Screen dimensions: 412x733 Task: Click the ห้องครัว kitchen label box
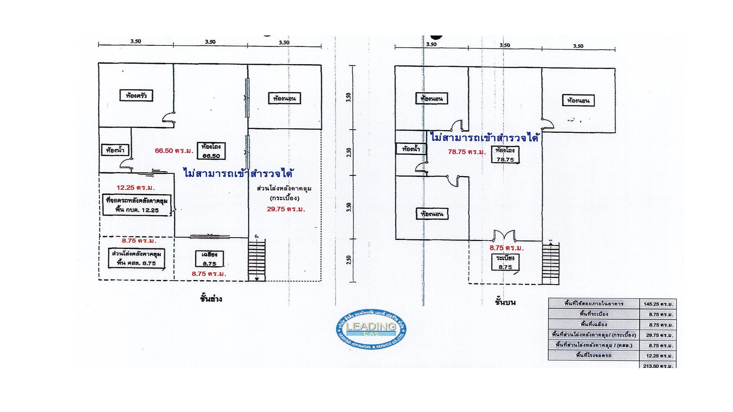(x=136, y=95)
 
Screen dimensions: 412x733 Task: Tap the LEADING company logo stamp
(x=371, y=329)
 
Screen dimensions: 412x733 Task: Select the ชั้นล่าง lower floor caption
(x=211, y=298)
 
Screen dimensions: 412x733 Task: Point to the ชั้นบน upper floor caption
(x=505, y=302)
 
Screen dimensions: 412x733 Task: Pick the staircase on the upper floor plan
(x=551, y=263)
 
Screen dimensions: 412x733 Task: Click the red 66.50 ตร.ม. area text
(x=174, y=151)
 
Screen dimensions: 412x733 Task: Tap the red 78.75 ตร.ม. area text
(x=467, y=152)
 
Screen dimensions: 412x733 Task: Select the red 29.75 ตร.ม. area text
(x=286, y=209)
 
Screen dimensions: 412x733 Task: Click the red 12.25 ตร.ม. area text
(x=136, y=188)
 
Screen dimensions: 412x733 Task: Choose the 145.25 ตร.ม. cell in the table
(x=658, y=304)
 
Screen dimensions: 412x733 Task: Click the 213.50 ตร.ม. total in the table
(x=657, y=366)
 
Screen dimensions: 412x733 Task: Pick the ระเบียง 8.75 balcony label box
(x=505, y=262)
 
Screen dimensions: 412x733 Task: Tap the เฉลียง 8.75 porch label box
(x=209, y=259)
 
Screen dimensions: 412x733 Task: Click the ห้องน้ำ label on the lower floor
(x=115, y=150)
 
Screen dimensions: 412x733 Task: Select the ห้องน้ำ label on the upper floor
(x=411, y=149)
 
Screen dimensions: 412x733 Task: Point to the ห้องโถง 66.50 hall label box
(x=211, y=151)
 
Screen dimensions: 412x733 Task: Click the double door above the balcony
(x=505, y=235)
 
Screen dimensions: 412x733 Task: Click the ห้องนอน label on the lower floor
(x=284, y=98)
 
